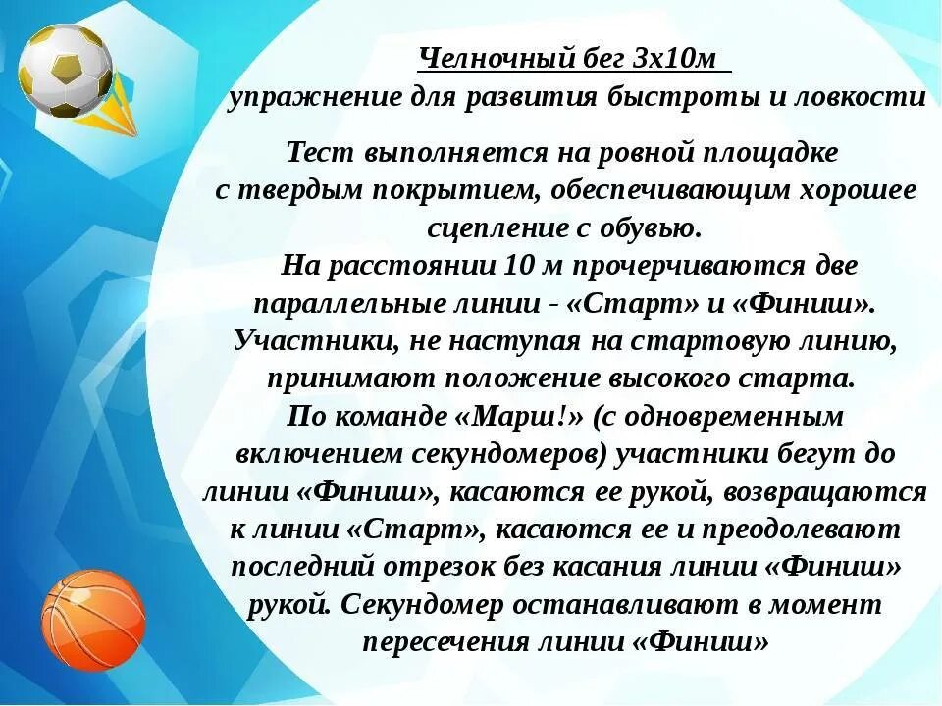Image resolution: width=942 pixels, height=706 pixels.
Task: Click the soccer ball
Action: pyautogui.click(x=66, y=71)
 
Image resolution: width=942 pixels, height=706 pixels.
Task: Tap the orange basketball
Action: pyautogui.click(x=93, y=620)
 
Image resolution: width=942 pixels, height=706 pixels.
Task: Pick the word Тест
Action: pyautogui.click(x=321, y=153)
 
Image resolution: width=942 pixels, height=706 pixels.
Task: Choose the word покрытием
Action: pyautogui.click(x=453, y=190)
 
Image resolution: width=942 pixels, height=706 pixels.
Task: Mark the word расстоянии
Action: pyautogui.click(x=413, y=265)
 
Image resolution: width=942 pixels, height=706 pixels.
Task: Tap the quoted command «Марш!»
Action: pyautogui.click(x=520, y=416)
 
